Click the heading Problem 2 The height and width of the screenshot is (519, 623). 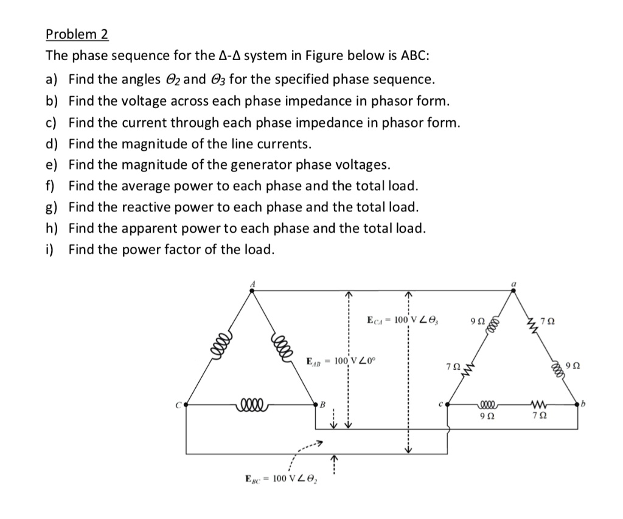(77, 35)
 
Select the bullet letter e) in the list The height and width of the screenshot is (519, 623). (52, 165)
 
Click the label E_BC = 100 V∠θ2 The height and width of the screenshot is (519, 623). (284, 479)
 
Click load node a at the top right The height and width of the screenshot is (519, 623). (513, 290)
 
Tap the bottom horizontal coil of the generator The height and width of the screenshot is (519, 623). (252, 402)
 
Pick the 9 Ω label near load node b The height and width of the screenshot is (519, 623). (572, 366)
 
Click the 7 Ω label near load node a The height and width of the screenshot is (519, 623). (549, 320)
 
